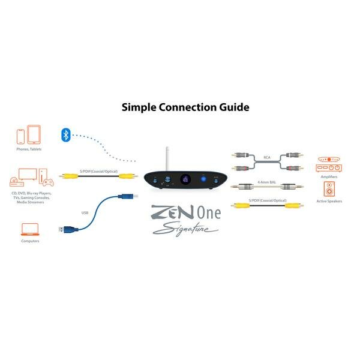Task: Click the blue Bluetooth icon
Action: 66,134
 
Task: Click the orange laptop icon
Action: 30,229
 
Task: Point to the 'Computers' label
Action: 30,241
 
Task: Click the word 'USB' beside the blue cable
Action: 85,212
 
